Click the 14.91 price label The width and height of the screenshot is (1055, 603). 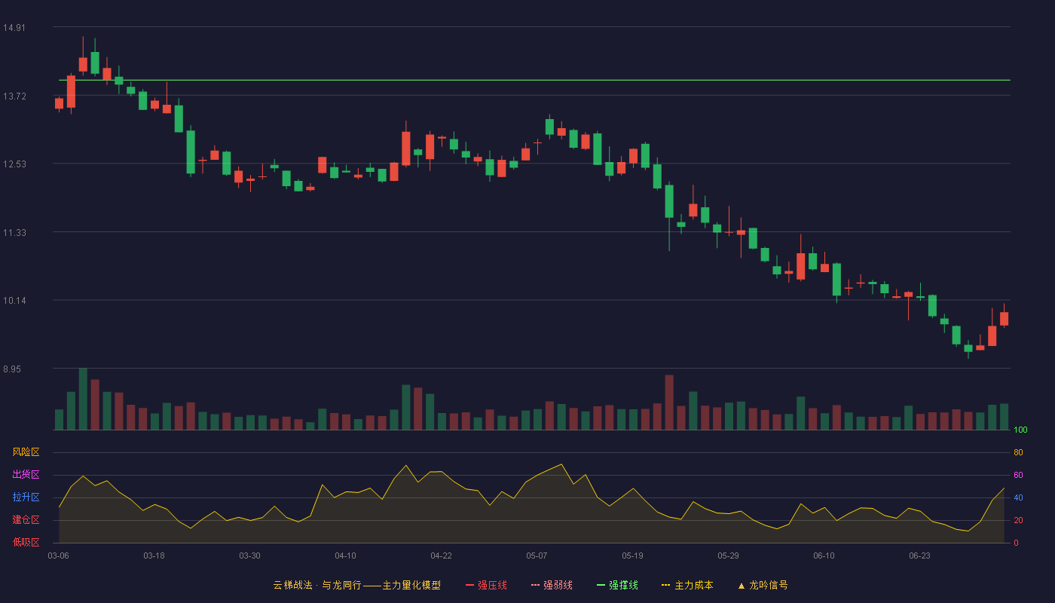[x=14, y=28]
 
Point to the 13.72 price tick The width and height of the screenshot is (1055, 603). [x=14, y=96]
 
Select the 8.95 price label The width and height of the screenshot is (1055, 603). [x=12, y=369]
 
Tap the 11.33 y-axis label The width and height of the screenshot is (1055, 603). [x=14, y=233]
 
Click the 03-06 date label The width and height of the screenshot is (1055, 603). [x=59, y=556]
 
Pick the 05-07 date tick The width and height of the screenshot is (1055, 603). [x=537, y=556]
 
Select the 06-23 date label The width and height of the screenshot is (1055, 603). [x=920, y=556]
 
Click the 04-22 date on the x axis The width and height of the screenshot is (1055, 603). [x=442, y=556]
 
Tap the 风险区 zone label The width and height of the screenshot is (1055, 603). [x=26, y=452]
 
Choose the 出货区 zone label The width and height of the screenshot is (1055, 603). [x=26, y=474]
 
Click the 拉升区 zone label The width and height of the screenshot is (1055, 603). [x=26, y=497]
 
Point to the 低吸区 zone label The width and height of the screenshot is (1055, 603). [x=26, y=542]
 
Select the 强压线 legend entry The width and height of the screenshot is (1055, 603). [x=487, y=585]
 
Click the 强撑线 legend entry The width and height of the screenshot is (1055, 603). [x=617, y=585]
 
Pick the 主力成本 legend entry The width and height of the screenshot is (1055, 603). [x=687, y=585]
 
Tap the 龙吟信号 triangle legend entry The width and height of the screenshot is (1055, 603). [x=763, y=585]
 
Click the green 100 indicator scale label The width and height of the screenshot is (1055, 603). [x=1020, y=430]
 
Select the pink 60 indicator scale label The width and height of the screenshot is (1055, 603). [x=1018, y=475]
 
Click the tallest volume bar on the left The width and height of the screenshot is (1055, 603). [x=83, y=399]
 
